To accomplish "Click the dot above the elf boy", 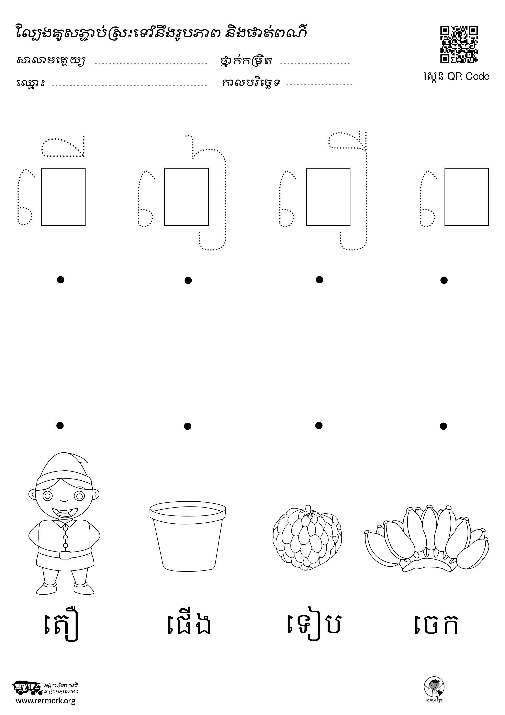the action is (60, 425).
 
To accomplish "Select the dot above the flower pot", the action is (187, 426).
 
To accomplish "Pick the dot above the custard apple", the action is (319, 425).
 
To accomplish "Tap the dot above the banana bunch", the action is (443, 426).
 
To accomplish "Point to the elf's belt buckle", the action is (65, 555).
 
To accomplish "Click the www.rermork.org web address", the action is (46, 701).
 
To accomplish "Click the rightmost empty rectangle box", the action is (467, 196).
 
